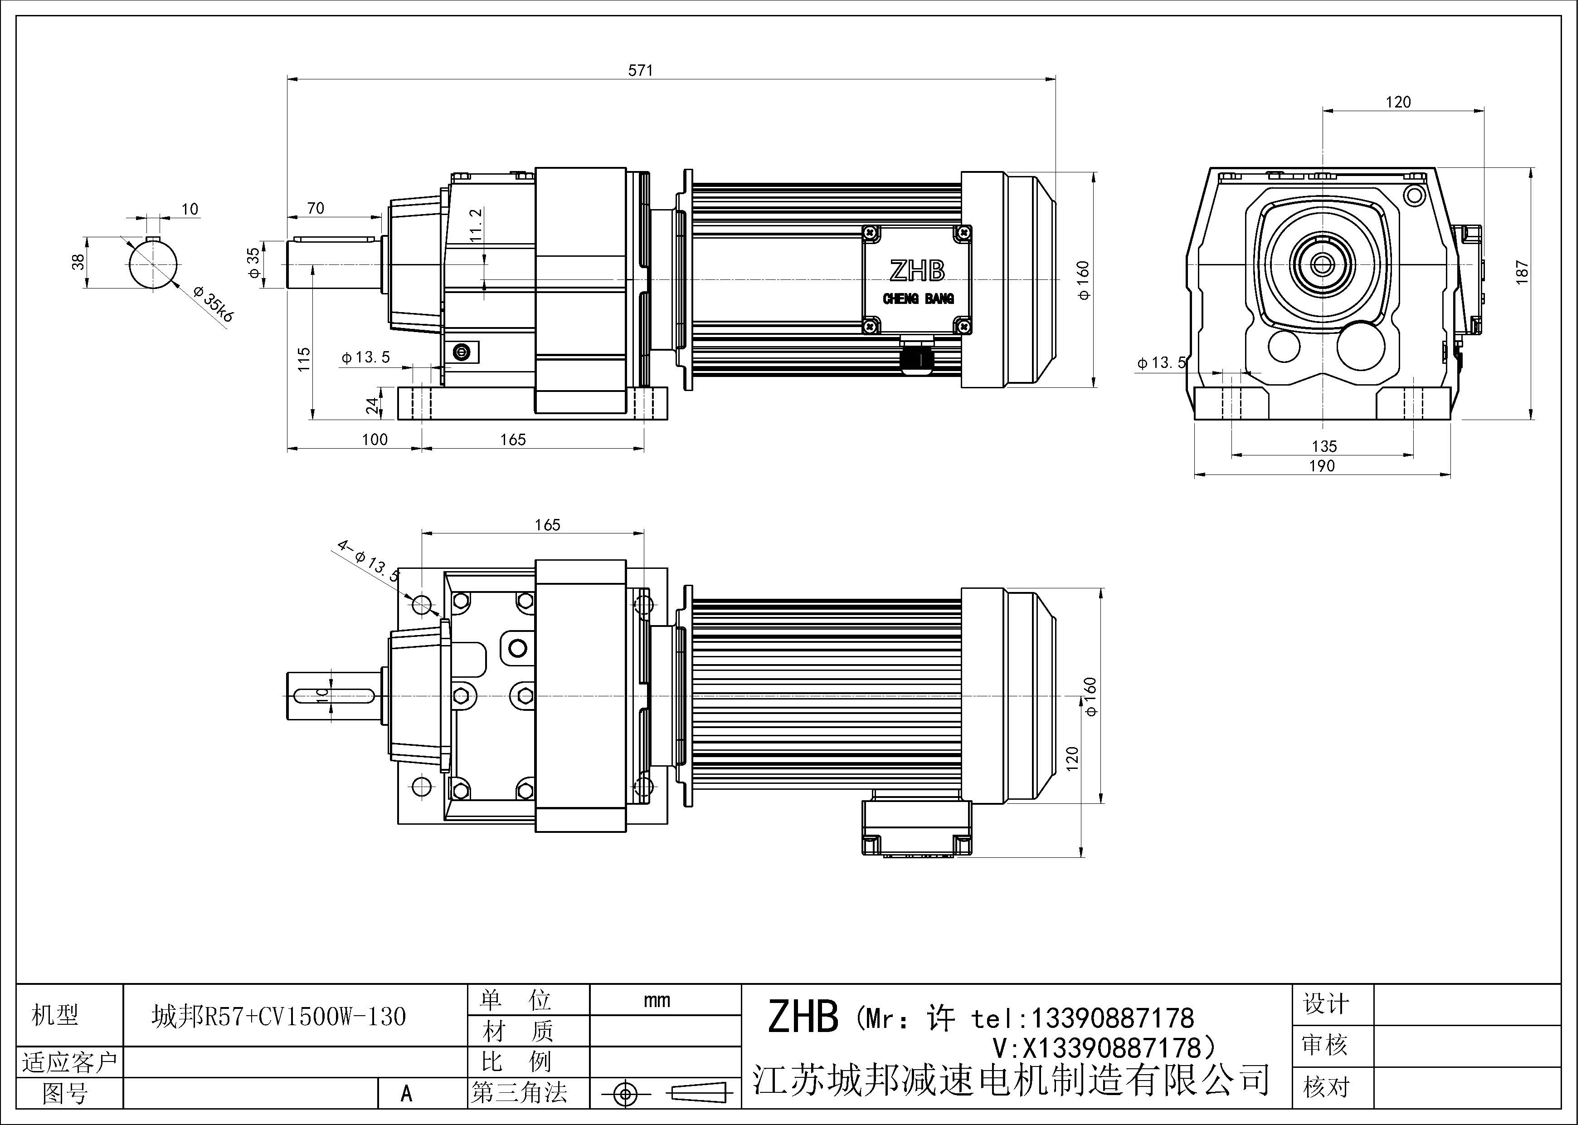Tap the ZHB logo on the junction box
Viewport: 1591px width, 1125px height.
(x=917, y=271)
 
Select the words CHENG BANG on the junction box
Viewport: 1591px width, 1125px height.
(x=918, y=299)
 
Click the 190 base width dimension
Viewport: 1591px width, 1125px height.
(x=1321, y=466)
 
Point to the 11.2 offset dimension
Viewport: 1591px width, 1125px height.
(x=475, y=225)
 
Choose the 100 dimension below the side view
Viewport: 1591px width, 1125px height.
(x=375, y=440)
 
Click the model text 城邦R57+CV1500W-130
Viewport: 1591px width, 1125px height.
(x=278, y=1017)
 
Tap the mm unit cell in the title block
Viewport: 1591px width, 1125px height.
(x=656, y=1000)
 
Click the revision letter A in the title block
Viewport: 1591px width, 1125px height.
(x=406, y=1094)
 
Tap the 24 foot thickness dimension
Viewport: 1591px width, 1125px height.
(x=373, y=406)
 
